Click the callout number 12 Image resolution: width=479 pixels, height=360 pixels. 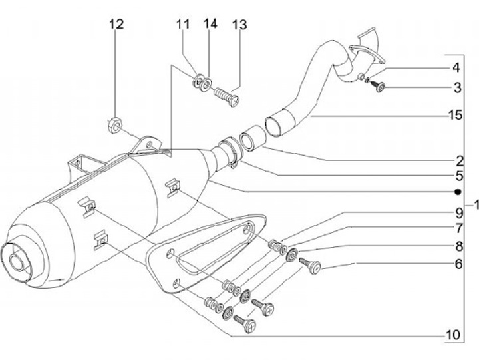tap(116, 25)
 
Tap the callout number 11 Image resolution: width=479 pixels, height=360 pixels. tap(183, 25)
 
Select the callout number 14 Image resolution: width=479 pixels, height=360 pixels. tap(210, 25)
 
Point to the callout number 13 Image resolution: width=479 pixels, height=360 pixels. tap(239, 25)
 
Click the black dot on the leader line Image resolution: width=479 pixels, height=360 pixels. tap(457, 192)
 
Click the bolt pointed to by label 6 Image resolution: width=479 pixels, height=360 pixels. tap(310, 266)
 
